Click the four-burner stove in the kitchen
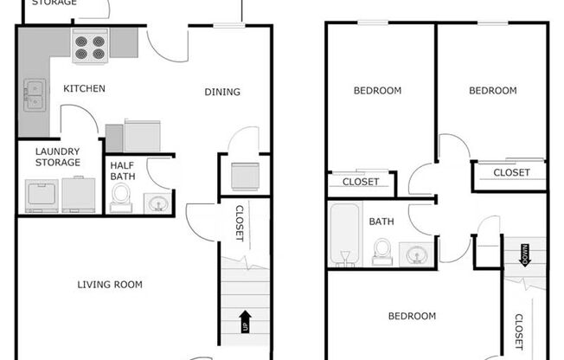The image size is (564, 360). pos(89,47)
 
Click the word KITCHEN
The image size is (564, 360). pos(84,88)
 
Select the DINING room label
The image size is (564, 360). pos(222,93)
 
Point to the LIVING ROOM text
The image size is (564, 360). pos(110,285)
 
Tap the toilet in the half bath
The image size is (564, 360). pos(123,197)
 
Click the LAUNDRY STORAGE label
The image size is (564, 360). pos(58,157)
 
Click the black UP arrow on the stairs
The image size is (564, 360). pos(246,320)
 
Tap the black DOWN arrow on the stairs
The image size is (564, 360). pos(525,255)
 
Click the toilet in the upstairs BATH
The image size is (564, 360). pos(381,252)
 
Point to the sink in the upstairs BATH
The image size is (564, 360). pos(417,254)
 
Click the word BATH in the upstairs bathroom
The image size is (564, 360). pos(381,222)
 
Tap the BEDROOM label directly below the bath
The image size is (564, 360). pos(411,317)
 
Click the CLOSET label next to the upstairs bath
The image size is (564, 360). pos(361,182)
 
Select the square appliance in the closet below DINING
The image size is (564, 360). pos(245,176)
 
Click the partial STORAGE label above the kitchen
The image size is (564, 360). pos(54,3)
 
